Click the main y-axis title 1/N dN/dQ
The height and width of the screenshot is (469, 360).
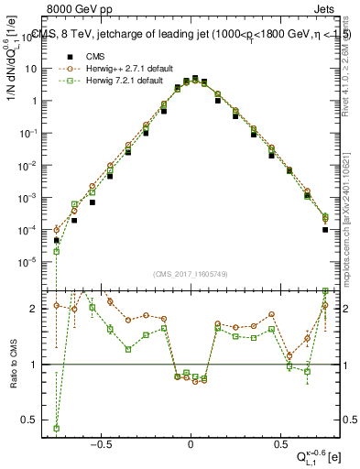coord(12,69)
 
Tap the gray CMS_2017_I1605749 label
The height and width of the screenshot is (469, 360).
coord(191,274)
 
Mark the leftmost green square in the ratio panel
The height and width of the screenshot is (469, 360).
coord(57,428)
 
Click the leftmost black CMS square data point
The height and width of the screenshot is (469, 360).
coord(57,241)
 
